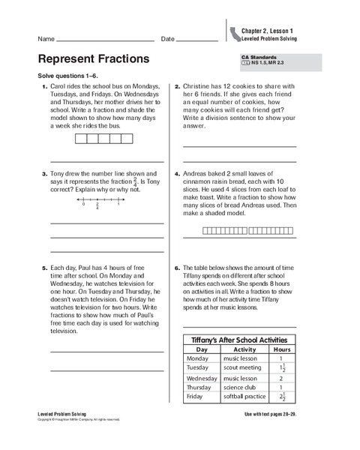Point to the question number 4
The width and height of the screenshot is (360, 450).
pyautogui.click(x=176, y=173)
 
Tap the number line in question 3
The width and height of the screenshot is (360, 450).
pyautogui.click(x=101, y=200)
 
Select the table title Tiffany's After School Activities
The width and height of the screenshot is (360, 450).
pyautogui.click(x=239, y=340)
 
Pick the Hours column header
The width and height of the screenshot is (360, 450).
pyautogui.click(x=281, y=349)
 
